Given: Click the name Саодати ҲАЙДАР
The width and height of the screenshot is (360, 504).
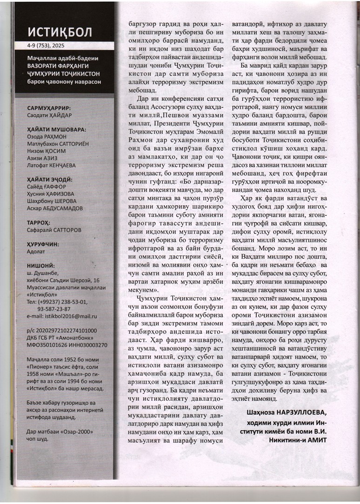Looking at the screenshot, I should [x=48, y=115].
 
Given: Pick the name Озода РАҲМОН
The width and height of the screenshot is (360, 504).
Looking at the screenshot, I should [x=47, y=138].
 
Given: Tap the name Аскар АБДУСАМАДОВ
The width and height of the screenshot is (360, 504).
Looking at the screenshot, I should [x=55, y=208].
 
